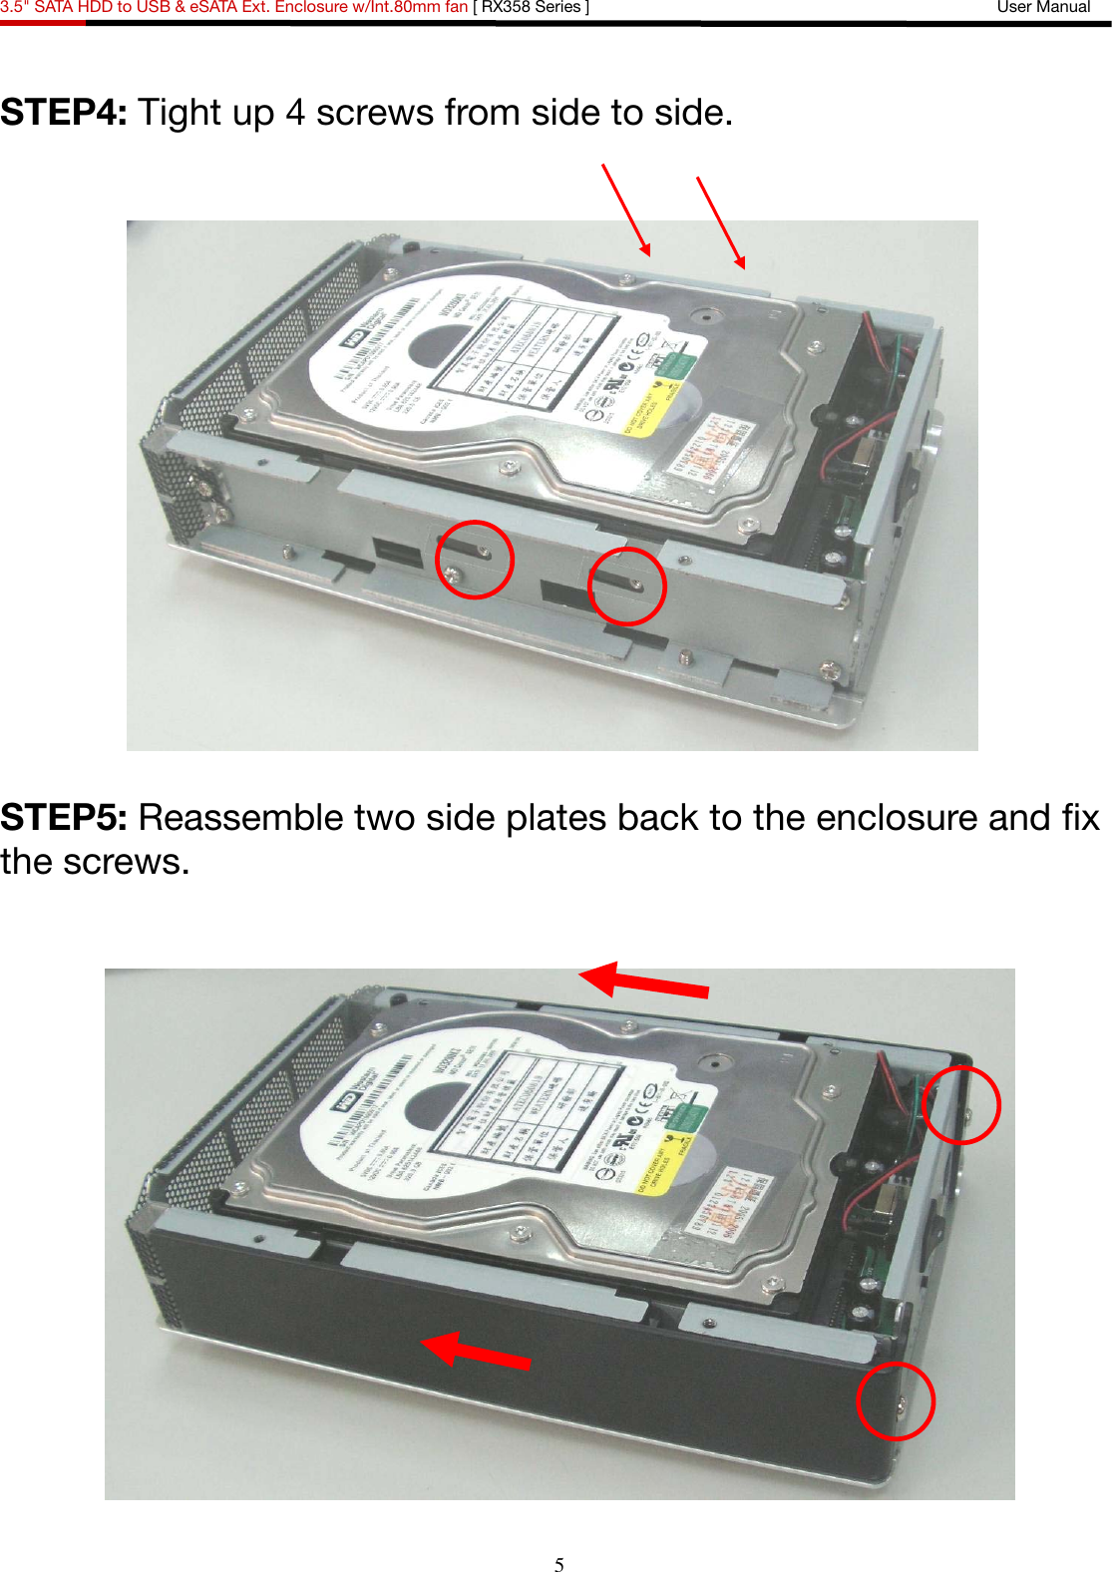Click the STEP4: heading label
point(64,113)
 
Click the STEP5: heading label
point(64,818)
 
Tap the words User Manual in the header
point(1043,7)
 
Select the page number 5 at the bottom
point(559,1564)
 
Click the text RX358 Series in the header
point(531,7)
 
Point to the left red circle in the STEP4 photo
point(475,560)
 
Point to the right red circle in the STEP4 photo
point(626,587)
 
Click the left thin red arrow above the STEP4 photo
point(626,209)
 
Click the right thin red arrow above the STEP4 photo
point(720,222)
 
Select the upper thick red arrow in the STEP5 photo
point(643,982)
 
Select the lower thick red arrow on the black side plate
point(476,1351)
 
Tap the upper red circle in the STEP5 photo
point(959,1104)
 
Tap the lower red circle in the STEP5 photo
point(896,1400)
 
